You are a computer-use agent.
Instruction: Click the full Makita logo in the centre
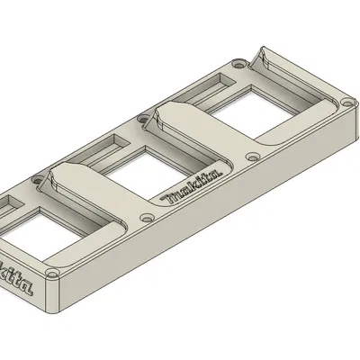[x=191, y=186]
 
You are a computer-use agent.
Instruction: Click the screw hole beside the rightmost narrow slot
[x=237, y=66]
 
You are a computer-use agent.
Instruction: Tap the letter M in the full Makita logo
[x=168, y=198]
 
